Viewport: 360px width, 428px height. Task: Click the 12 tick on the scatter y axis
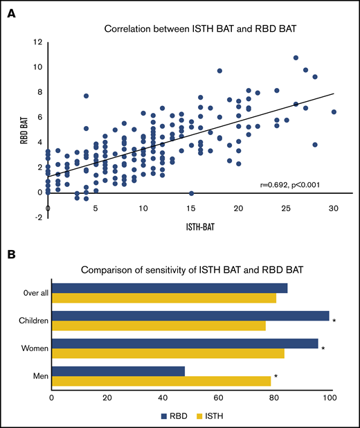[35, 42]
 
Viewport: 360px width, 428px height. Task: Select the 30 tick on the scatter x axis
[334, 209]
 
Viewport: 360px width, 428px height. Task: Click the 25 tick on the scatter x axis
[286, 209]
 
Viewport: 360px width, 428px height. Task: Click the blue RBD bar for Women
[185, 343]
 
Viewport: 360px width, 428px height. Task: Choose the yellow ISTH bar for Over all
[164, 298]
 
